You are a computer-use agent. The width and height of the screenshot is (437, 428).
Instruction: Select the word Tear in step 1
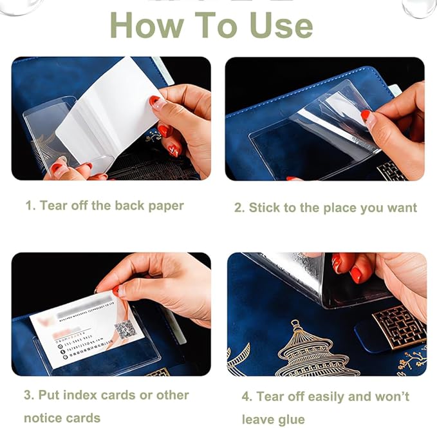pyautogui.click(x=53, y=206)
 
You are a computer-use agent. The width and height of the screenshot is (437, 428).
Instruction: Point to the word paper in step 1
pyautogui.click(x=166, y=206)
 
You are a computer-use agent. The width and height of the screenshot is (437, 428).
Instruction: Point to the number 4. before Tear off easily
pyautogui.click(x=246, y=396)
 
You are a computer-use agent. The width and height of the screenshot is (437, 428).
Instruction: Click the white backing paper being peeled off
pyautogui.click(x=109, y=106)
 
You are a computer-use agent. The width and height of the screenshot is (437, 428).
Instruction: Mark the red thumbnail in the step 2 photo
pyautogui.click(x=366, y=116)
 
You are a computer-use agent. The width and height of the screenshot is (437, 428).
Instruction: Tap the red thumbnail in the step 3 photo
pyautogui.click(x=116, y=291)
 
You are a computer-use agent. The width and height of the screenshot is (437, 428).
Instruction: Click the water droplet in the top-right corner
pyautogui.click(x=420, y=8)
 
